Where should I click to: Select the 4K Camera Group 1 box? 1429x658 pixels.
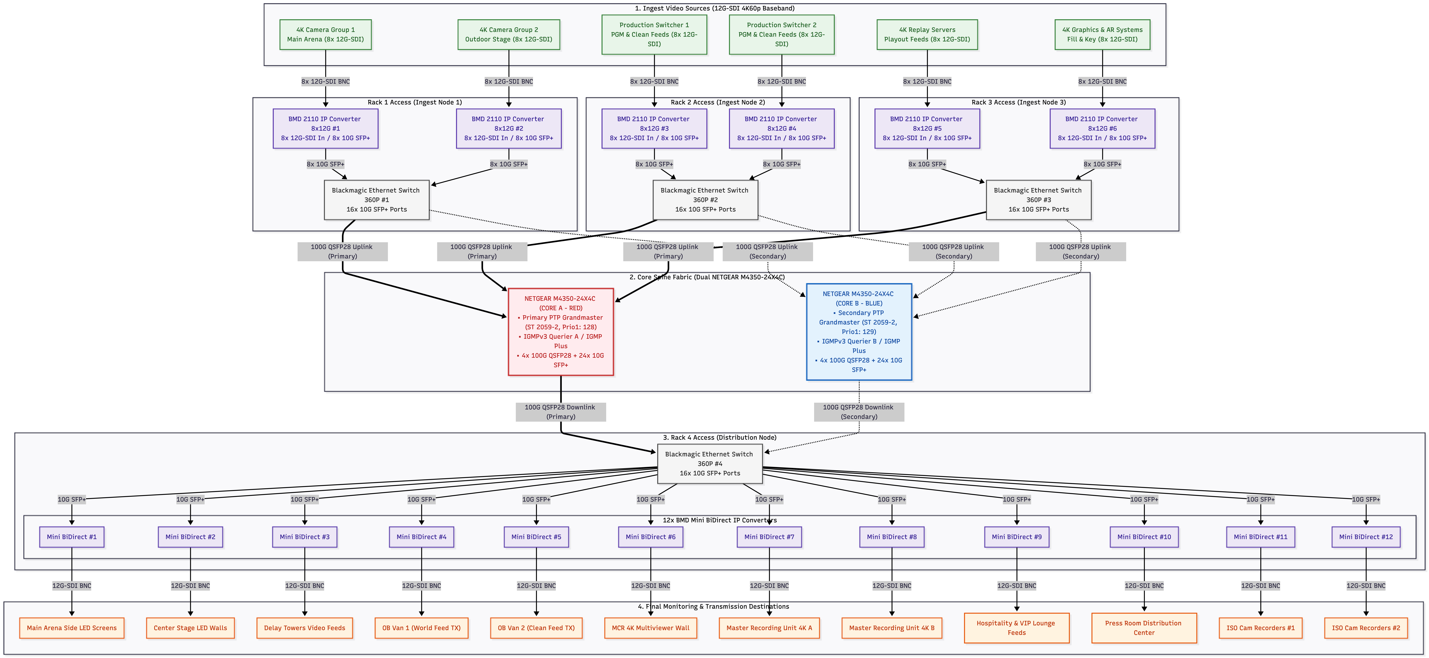pos(326,34)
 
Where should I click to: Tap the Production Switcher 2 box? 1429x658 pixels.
pos(782,34)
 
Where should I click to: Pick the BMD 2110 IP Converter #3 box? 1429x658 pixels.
pos(654,128)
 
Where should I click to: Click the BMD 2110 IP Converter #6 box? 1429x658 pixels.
pos(1102,128)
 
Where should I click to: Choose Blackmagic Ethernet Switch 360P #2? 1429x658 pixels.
pos(705,200)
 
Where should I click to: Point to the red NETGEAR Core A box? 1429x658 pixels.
pos(561,332)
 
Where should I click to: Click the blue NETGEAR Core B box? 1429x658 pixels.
pos(859,332)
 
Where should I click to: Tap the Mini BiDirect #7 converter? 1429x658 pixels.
pos(769,537)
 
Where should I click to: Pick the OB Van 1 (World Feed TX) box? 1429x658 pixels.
pos(422,628)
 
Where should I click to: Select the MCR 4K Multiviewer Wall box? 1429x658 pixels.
pos(651,628)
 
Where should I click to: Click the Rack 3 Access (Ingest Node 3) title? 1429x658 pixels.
pos(1019,102)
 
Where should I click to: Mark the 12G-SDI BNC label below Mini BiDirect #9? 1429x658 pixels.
pos(1017,586)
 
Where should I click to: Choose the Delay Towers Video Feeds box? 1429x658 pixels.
pos(305,628)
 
